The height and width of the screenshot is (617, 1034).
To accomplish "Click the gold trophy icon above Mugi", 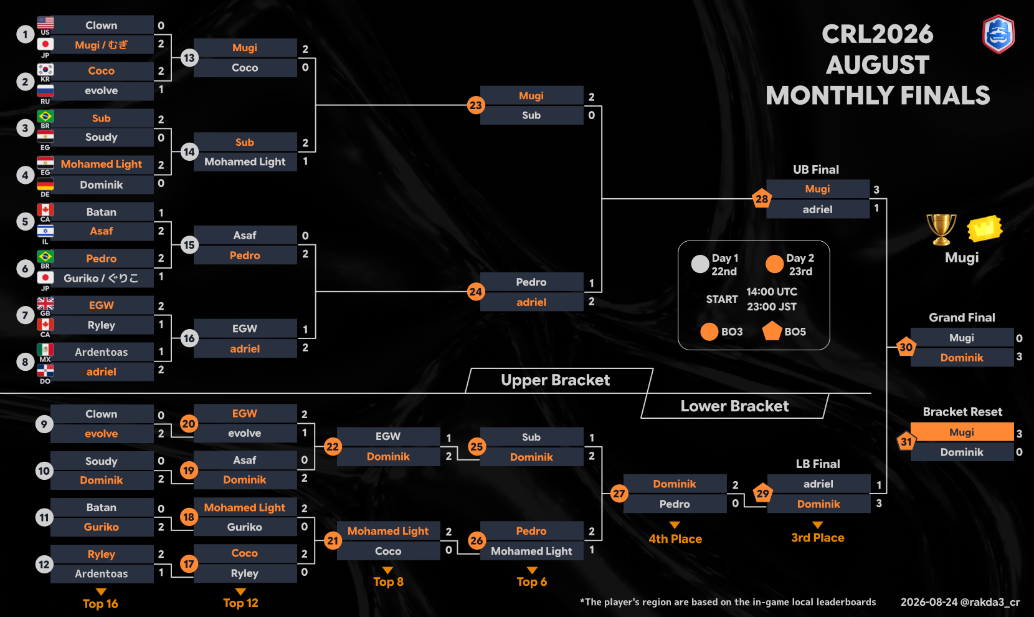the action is coord(941,229).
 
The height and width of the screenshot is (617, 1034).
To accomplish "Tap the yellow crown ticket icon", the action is coord(985,228).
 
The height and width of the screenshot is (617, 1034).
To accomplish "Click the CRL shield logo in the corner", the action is coord(998,34).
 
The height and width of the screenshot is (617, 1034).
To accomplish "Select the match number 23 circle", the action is coord(475,105).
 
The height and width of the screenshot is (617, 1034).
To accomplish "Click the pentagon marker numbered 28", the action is coord(762,199).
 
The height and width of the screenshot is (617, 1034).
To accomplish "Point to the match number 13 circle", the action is coord(189,58).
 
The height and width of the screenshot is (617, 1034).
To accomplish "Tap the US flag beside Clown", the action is coord(45,22).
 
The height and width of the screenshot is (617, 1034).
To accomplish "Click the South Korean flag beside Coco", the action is coord(45,69).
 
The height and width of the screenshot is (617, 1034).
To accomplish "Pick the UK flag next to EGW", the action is coord(45,304).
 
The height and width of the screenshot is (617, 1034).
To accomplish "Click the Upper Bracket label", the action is coord(556,380).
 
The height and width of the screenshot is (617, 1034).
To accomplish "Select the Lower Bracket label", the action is coord(734,406).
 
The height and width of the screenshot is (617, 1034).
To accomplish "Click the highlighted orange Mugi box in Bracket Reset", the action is coord(962,433).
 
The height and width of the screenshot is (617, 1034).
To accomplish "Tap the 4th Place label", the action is coord(675,539).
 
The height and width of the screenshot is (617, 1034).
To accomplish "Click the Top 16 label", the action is coord(100,604).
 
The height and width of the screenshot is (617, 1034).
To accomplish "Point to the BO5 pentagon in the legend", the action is coord(772,331).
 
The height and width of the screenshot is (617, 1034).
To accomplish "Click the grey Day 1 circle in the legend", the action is coord(700,264).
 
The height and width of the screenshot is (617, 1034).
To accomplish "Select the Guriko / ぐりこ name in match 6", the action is coord(101,278).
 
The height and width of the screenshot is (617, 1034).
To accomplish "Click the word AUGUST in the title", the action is coord(878,65).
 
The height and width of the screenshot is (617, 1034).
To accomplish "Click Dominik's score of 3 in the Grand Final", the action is coord(1019,357).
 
